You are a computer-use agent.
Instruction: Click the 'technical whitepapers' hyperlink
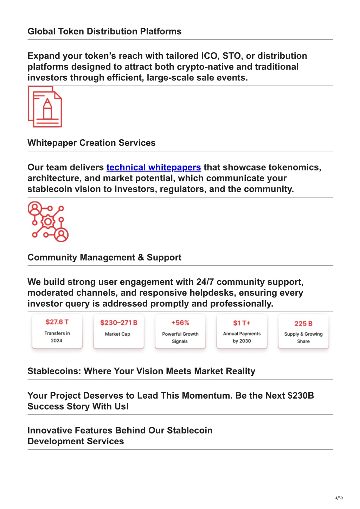(154, 167)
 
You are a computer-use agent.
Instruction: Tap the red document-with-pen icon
(45, 107)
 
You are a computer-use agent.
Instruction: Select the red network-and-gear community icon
(48, 222)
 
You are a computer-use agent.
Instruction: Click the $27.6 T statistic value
(57, 322)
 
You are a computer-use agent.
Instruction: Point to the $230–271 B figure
(118, 323)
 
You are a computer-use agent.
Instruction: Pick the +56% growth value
(180, 323)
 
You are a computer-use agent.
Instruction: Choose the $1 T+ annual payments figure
(242, 323)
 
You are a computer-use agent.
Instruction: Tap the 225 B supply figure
(303, 323)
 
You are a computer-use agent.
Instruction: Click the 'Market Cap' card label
(117, 334)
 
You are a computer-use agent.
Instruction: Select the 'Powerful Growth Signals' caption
(180, 337)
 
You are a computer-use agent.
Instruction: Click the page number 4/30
(339, 498)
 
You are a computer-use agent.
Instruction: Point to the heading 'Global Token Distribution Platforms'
(104, 32)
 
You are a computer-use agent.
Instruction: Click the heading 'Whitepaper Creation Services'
(91, 143)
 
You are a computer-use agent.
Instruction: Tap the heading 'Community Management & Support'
(104, 257)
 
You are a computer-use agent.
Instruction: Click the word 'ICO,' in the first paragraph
(210, 56)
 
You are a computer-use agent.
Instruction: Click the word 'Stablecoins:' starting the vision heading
(54, 371)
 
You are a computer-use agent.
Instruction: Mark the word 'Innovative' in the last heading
(48, 431)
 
